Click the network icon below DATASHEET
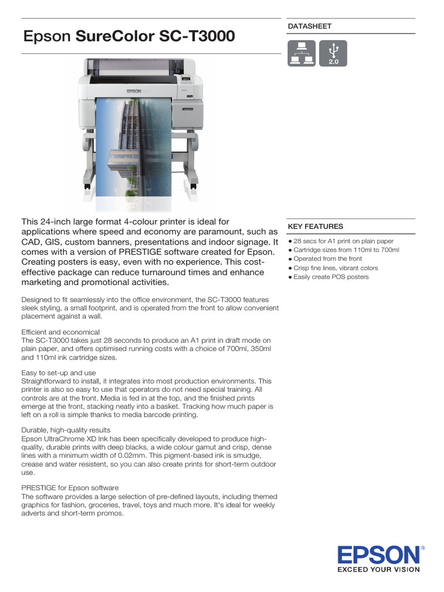pos(301,53)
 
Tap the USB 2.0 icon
pos(333,53)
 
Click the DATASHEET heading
pos(309,27)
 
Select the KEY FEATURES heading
pos(315,227)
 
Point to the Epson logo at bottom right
pos(380,556)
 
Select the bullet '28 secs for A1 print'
pos(343,241)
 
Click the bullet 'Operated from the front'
pos(327,259)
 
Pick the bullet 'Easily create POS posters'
pos(331,277)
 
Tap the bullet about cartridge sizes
pos(346,250)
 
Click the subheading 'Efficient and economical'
pos(60,332)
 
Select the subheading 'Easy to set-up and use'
pos(58,373)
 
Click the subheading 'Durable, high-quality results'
pos(65,430)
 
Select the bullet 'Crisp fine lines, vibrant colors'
pos(335,268)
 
